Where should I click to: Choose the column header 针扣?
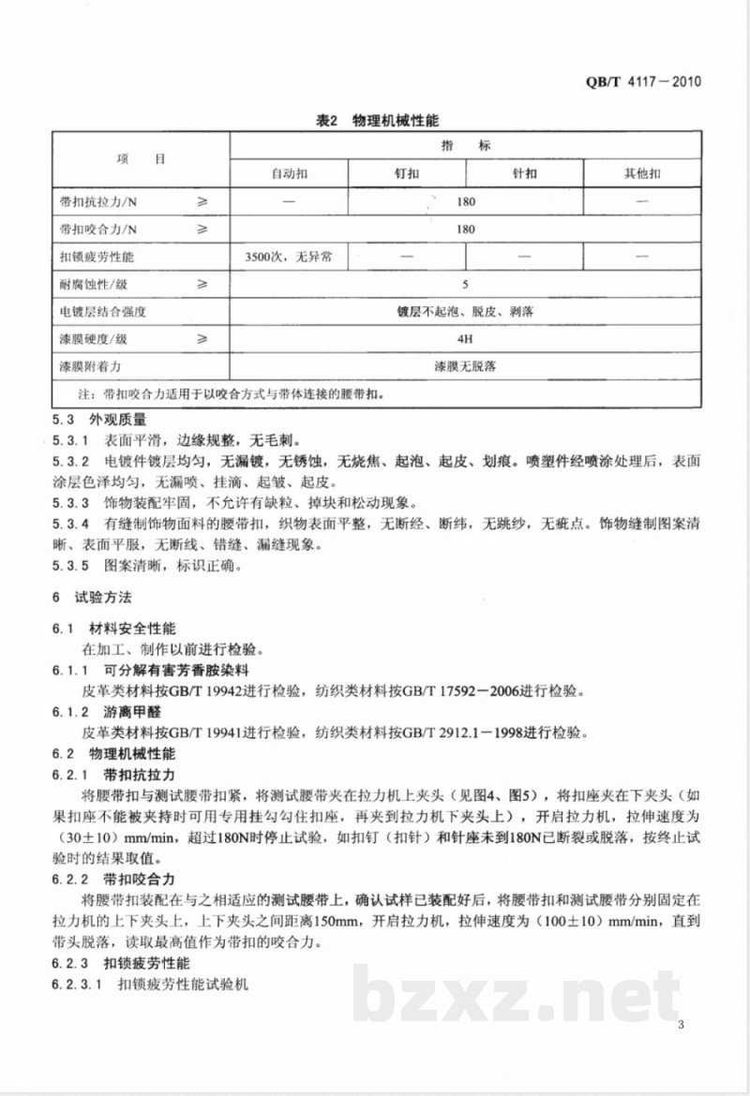point(524,174)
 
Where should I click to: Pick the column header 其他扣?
point(642,174)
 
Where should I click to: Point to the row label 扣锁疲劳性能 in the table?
point(97,256)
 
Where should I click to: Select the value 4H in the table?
point(466,338)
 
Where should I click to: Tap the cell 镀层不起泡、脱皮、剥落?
point(466,311)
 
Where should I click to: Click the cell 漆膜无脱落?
point(466,365)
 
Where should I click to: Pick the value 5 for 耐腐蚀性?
point(466,283)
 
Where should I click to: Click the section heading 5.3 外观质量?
point(100,421)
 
